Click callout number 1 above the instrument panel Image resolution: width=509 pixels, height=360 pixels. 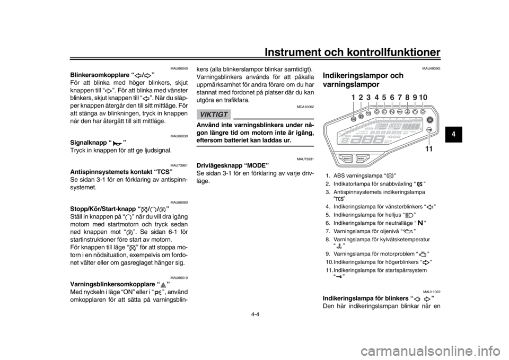354,98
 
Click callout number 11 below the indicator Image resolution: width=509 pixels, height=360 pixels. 429,149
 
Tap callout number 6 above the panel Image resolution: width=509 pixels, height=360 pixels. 392,98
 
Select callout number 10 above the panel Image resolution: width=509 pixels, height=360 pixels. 423,98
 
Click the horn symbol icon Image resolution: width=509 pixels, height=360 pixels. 117,143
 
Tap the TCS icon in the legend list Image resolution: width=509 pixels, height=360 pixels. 339,198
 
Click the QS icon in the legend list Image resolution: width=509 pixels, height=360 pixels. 419,184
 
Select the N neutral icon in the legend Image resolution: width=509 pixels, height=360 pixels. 420,222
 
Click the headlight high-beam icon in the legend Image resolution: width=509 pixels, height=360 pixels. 408,215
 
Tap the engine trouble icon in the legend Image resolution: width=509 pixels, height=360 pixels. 423,253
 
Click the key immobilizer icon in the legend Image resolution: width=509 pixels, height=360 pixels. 339,276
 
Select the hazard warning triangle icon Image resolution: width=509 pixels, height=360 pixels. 163,285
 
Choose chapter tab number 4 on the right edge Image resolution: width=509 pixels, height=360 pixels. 453,134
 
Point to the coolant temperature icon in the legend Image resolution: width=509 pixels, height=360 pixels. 339,245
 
